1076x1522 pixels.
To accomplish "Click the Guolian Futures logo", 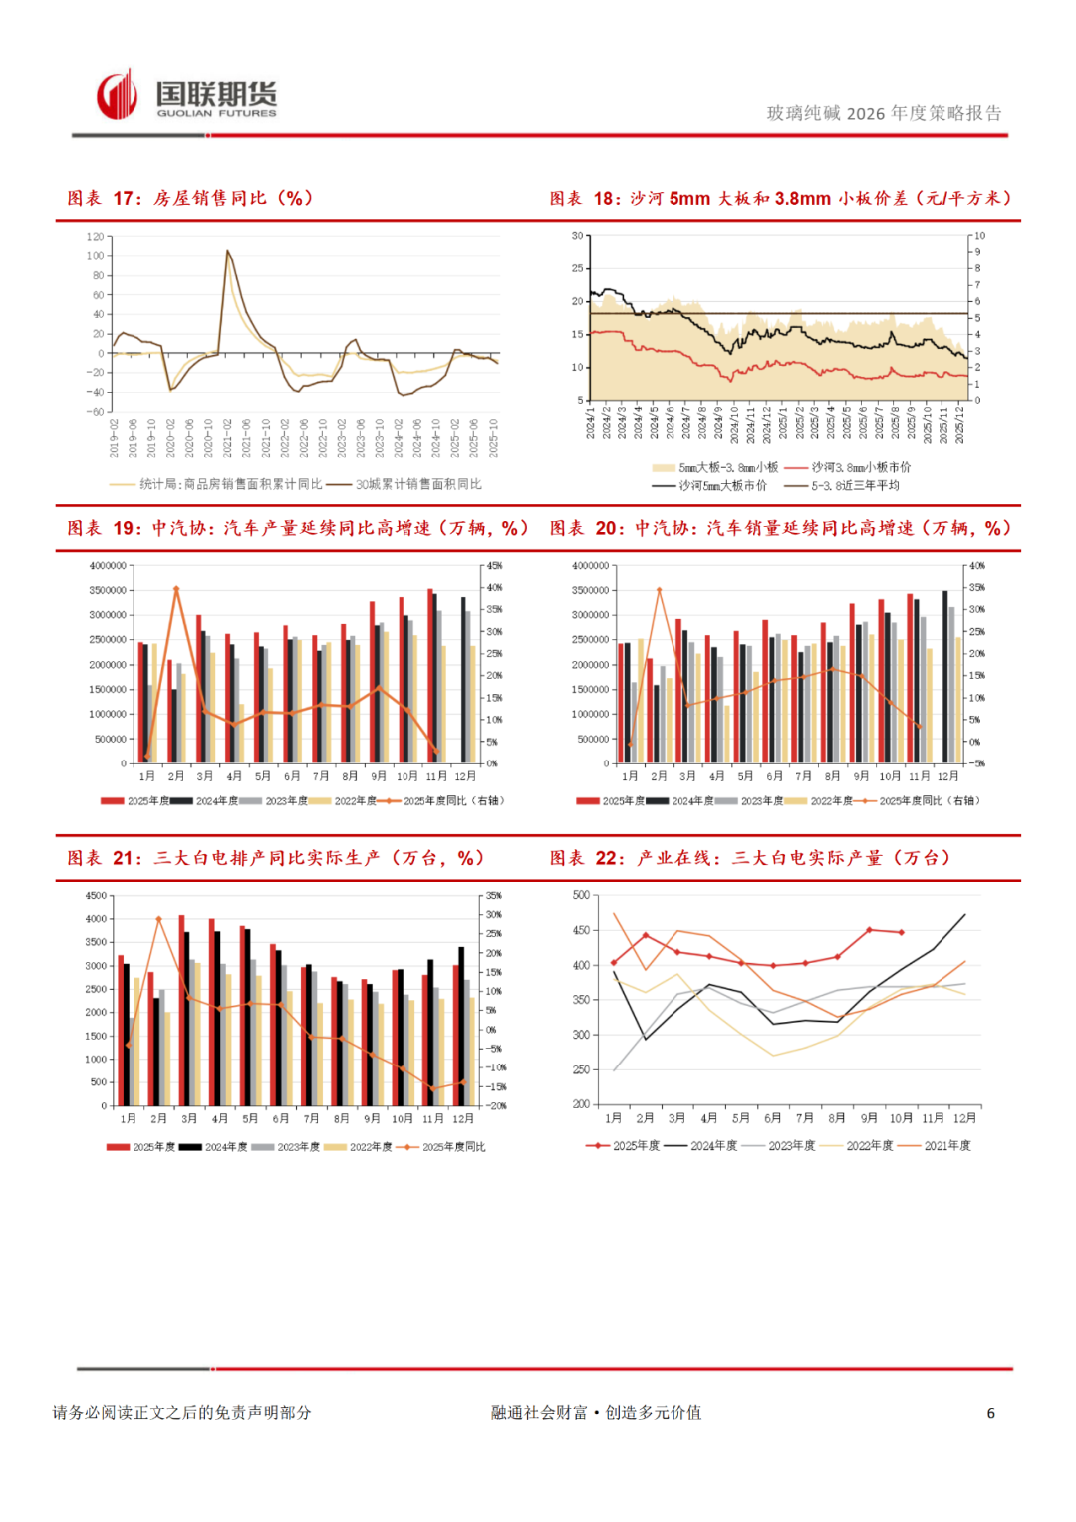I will pos(186,97).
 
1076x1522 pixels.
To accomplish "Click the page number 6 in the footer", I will pos(990,1413).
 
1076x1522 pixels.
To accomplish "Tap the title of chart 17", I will pos(190,198).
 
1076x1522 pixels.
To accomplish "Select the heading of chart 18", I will pos(781,198).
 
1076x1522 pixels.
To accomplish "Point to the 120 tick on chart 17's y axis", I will pos(95,237).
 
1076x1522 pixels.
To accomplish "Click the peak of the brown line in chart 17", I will pos(228,251).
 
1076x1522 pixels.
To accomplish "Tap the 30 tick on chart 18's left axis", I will pos(577,236).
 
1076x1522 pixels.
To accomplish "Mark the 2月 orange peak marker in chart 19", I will pos(176,589).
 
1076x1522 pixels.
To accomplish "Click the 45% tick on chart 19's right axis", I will pos(494,566).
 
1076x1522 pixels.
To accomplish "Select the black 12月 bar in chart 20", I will pos(945,677).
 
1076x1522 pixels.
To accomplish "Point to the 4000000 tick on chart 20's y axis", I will pos(590,566).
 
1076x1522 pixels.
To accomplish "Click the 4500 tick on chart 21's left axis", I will pos(96,896).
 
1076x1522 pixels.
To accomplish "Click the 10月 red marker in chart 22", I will pos(902,933).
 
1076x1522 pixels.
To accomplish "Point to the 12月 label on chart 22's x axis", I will pos(964,1118).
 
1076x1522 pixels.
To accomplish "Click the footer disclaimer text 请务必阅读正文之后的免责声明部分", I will pos(182,1413).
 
